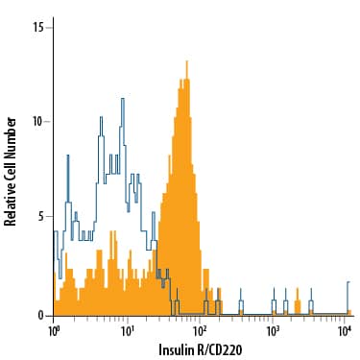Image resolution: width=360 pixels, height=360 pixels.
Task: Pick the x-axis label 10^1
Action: coord(128,329)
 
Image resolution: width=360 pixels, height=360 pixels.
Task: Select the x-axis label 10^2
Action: coord(201,329)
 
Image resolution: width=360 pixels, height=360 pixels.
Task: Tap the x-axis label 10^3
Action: coord(274,329)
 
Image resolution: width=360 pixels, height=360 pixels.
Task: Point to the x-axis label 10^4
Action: coord(346,329)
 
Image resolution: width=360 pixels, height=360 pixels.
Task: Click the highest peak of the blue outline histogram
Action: coord(123,98)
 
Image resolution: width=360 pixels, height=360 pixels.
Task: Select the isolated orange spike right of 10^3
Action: coord(298,300)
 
